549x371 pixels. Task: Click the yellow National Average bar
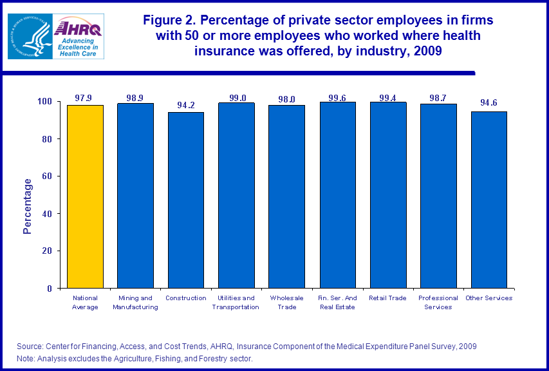click(85, 196)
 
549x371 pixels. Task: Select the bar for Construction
click(186, 200)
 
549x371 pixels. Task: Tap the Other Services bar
click(489, 200)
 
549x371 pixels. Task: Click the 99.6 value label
click(338, 98)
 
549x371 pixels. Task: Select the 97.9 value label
click(85, 98)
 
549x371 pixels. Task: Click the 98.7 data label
click(438, 98)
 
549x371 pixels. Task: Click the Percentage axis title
click(28, 206)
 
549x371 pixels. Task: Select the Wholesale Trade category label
click(286, 302)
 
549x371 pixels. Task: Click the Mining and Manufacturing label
click(135, 302)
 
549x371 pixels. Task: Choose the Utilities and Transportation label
click(236, 302)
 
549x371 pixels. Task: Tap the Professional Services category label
click(438, 302)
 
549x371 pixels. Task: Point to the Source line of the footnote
click(247, 347)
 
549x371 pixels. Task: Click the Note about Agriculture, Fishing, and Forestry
click(135, 359)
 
